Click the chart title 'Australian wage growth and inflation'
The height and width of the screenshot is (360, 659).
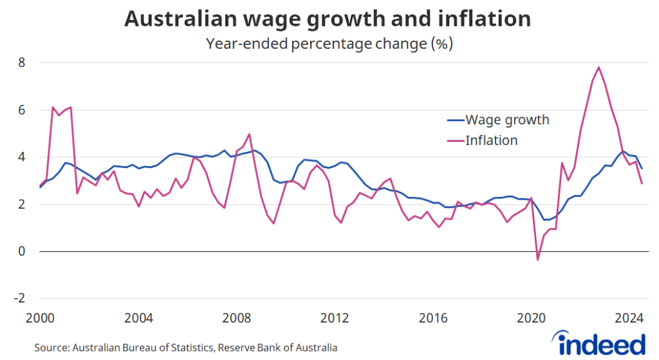coord(328,19)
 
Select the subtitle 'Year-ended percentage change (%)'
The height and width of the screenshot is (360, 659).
coord(329,44)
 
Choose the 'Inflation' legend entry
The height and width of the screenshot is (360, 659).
coord(491,140)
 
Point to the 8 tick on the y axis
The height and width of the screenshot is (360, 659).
coord(21,63)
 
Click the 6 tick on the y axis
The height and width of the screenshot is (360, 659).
coord(21,110)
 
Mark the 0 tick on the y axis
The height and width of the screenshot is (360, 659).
coord(21,252)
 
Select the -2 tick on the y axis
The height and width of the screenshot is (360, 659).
coord(19,299)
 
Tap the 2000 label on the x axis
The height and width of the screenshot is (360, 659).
coord(40,318)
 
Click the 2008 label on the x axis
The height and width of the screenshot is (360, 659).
coord(237,318)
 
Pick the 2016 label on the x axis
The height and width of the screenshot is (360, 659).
coord(433,318)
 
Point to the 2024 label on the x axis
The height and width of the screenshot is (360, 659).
coord(630,318)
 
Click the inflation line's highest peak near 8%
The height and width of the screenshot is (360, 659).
coord(599,67)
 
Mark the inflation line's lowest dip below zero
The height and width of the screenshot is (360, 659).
coord(538,260)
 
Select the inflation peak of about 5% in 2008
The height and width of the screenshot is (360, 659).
coord(249,134)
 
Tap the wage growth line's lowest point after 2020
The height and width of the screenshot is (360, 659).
coord(547,220)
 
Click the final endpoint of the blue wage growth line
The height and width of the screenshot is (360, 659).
coord(642,169)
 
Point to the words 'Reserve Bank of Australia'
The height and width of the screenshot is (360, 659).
coord(277,348)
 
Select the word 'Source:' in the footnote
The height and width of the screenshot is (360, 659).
coord(51,348)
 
